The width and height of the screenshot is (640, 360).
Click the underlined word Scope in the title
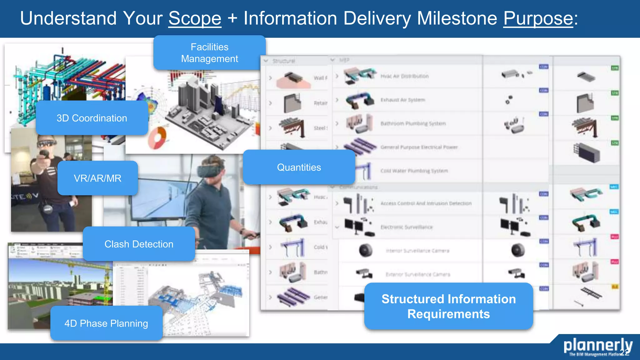tap(195, 18)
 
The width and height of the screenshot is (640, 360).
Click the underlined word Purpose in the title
tap(538, 18)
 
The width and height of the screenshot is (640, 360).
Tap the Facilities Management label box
tap(209, 53)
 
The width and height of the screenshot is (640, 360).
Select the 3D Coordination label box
tap(92, 118)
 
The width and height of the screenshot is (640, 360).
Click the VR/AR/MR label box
tap(97, 178)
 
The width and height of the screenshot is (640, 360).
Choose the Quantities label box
tap(299, 167)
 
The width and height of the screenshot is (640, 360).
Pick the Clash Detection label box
tap(139, 244)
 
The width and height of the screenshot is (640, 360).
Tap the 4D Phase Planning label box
tap(106, 323)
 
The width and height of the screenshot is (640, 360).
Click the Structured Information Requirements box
tap(448, 306)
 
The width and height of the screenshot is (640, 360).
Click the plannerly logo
tap(597, 346)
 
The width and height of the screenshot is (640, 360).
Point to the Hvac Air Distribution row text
tap(404, 76)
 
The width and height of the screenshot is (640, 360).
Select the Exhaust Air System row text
tap(402, 100)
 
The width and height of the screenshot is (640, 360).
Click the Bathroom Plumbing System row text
tap(413, 123)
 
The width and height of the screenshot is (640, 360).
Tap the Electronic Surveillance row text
tap(406, 227)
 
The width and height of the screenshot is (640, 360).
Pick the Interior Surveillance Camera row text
tap(417, 251)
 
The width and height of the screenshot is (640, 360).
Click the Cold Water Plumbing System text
tap(414, 171)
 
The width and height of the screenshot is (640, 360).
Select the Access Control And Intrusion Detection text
tap(426, 203)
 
